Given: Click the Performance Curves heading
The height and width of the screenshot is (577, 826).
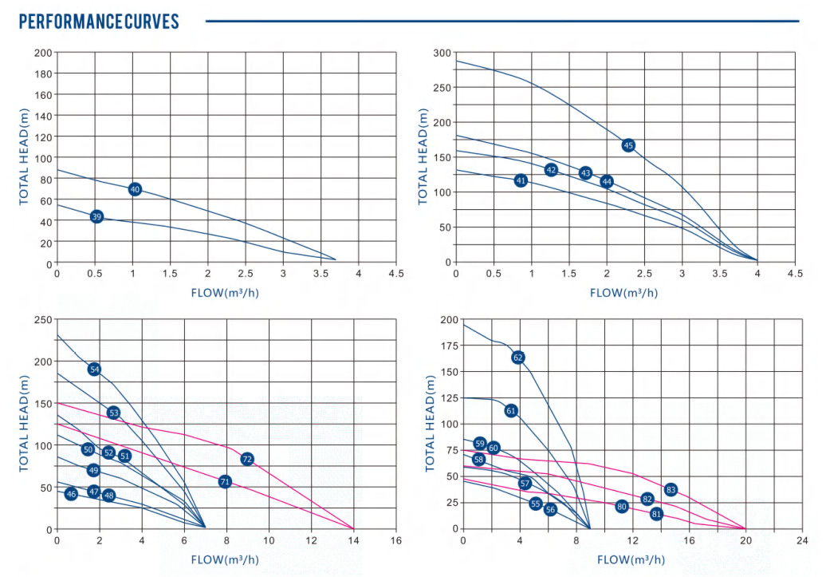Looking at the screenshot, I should point(99,22).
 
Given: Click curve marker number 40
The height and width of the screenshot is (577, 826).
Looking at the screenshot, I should point(135,189).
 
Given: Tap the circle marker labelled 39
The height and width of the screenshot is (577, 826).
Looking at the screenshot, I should point(96,216).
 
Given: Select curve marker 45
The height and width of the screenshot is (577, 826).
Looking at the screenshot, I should point(628,145).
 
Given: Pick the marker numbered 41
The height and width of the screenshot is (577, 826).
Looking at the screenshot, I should point(521,180).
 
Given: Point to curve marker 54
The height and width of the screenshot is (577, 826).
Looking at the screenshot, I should point(94,369).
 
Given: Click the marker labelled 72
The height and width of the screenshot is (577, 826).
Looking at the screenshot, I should point(247,459).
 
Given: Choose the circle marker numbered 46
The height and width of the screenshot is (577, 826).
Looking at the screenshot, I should point(71,494).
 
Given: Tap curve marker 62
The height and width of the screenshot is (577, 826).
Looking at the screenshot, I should point(518,358).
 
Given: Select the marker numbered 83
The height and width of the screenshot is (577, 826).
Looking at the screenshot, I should point(671,489).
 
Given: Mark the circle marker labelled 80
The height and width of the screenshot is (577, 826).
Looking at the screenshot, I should point(622,506).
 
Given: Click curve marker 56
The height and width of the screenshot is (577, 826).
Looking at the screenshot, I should point(550,509).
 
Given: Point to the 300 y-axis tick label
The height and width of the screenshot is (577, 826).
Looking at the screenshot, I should point(442,53).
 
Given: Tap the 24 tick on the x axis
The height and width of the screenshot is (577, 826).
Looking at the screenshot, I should point(801,540).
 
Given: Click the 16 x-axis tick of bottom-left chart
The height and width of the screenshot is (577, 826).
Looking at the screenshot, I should point(396,540).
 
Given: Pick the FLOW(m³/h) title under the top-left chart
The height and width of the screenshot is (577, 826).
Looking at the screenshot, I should point(225,292).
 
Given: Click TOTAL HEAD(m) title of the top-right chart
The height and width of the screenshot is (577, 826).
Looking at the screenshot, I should point(423,156).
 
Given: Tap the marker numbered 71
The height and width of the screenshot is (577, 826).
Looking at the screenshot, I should point(225,481).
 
